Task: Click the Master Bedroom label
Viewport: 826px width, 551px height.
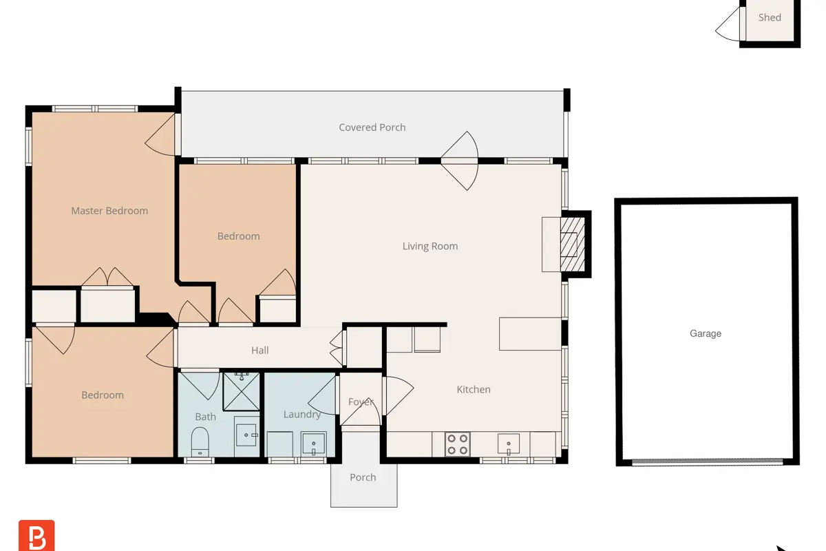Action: coord(109,211)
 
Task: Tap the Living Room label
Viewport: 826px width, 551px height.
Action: coord(430,246)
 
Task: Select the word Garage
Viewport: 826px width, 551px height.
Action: coord(706,333)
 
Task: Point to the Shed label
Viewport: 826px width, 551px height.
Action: coord(770,17)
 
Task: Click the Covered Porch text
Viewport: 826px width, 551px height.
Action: coord(372,127)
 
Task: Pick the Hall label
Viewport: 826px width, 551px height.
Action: coord(260,351)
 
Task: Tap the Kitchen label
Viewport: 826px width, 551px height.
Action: coord(474,389)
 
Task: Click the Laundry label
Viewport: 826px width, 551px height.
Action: coord(302,415)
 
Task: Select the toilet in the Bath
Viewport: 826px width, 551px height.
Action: coord(200,441)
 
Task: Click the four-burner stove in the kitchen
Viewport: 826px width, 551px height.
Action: coord(457,444)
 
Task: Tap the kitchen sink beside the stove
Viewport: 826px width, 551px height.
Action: coord(509,444)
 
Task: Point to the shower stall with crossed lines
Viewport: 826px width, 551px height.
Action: coord(242,392)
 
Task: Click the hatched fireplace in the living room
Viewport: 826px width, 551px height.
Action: coord(572,244)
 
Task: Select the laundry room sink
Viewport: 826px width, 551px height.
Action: coord(313,444)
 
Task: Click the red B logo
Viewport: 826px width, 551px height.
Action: coord(36,535)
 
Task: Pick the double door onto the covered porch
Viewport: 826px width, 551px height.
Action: coord(460,161)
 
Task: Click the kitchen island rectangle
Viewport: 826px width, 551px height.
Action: coord(530,333)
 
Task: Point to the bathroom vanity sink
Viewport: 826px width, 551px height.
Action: coord(246,435)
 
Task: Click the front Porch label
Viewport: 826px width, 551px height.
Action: coord(363,477)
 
